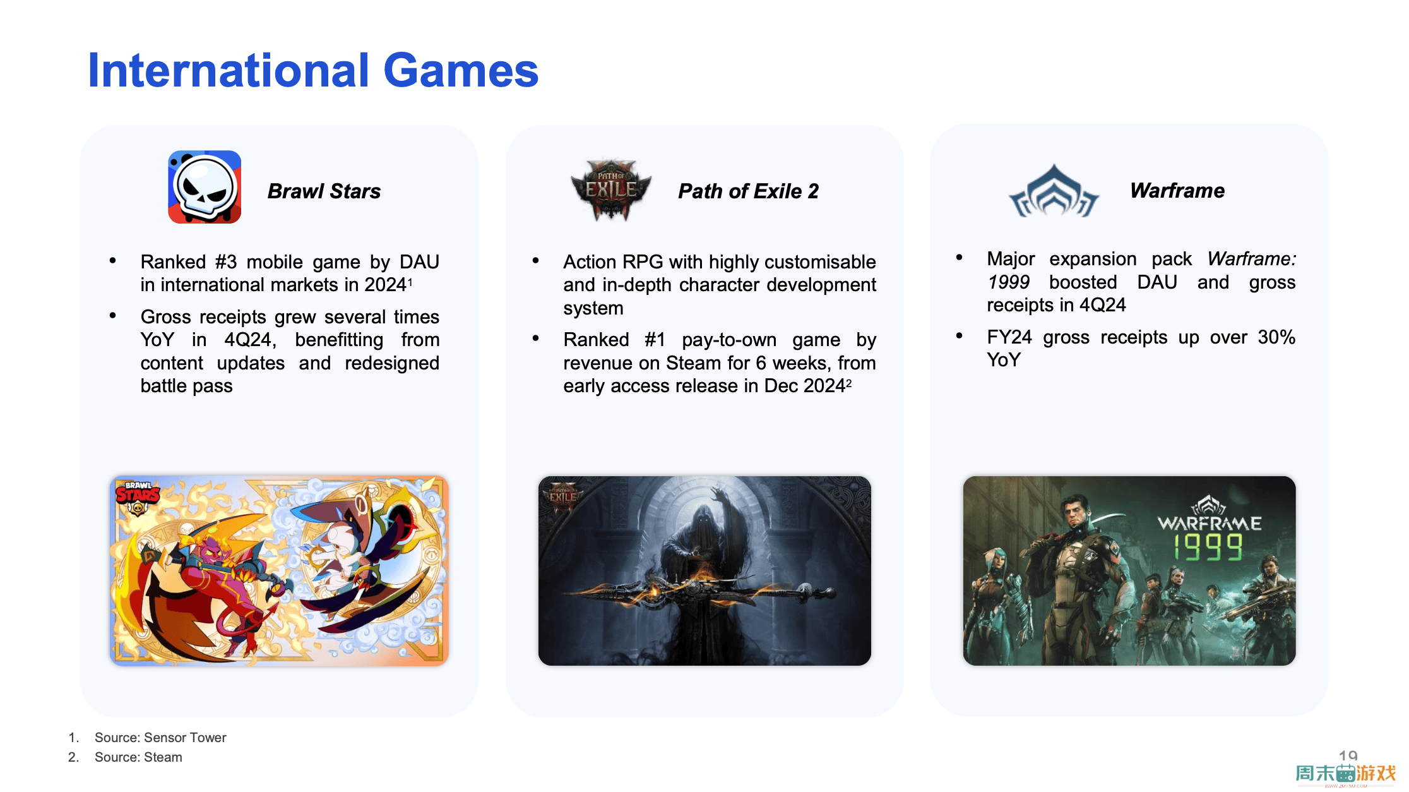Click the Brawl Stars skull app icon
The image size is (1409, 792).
[x=205, y=187]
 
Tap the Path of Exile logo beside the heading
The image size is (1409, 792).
[x=611, y=189]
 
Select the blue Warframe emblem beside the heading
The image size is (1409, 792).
[x=1054, y=191]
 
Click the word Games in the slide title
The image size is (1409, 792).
[x=461, y=70]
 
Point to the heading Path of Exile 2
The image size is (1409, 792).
[x=748, y=191]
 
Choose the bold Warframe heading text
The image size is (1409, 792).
[x=1177, y=190]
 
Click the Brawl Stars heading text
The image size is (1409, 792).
[x=324, y=191]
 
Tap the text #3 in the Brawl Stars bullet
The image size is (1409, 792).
[x=225, y=261]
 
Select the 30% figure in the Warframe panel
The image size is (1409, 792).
[x=1276, y=337]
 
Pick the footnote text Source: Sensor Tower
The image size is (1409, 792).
[x=160, y=737]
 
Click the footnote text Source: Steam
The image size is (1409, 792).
[x=138, y=757]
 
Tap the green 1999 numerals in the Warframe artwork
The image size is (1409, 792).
[x=1208, y=547]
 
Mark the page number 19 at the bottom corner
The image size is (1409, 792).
[x=1348, y=755]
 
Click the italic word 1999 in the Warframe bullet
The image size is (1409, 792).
[x=1008, y=282]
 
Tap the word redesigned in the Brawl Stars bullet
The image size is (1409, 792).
[x=392, y=363]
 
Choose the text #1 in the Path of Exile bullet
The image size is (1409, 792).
[x=655, y=339]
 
